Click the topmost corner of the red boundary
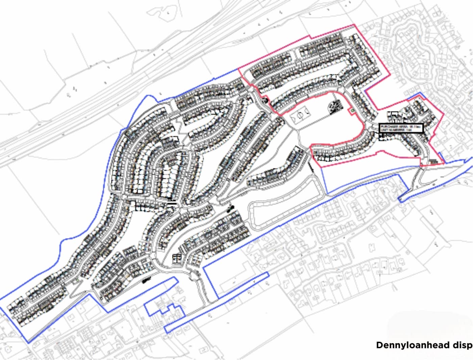pyautogui.click(x=354, y=25)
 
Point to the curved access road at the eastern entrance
pyautogui.click(x=421, y=176)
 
